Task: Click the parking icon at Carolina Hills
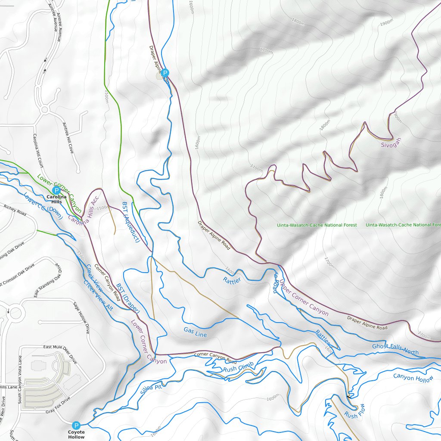pyautogui.click(x=56, y=190)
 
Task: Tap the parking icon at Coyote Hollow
pyautogui.click(x=76, y=425)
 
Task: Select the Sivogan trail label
pyautogui.click(x=391, y=145)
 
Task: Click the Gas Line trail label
pyautogui.click(x=195, y=332)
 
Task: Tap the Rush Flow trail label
pyautogui.click(x=355, y=411)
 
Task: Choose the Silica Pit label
pyautogui.click(x=151, y=390)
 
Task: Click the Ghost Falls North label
pyautogui.click(x=395, y=349)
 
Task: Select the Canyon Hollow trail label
pyautogui.click(x=414, y=378)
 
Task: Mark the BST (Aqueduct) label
pyautogui.click(x=130, y=222)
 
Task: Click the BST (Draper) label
pyautogui.click(x=128, y=298)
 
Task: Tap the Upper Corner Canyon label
pyautogui.click(x=304, y=298)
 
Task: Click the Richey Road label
pyautogui.click(x=15, y=211)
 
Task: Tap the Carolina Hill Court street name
pyautogui.click(x=38, y=151)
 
